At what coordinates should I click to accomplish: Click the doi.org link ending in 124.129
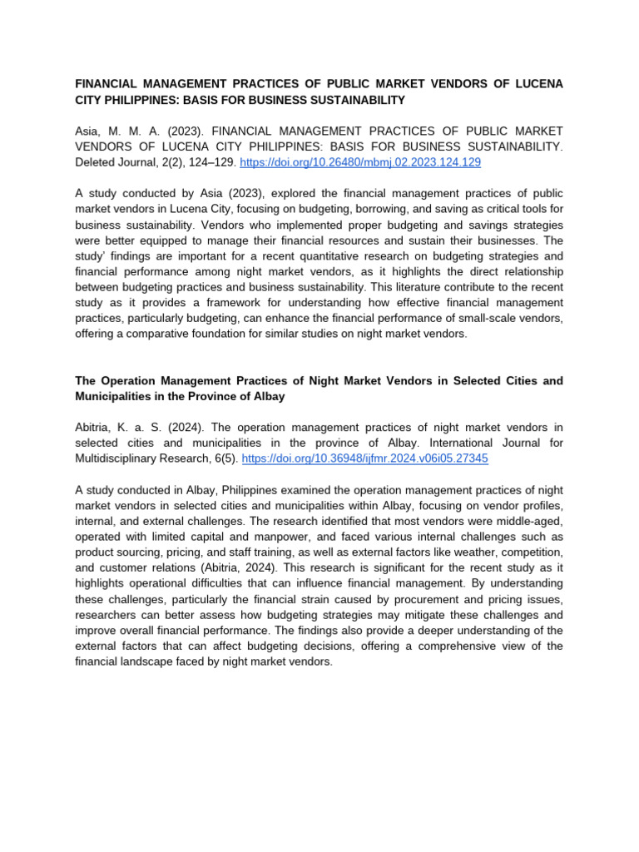click(x=360, y=163)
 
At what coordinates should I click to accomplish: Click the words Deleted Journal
click(x=111, y=163)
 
